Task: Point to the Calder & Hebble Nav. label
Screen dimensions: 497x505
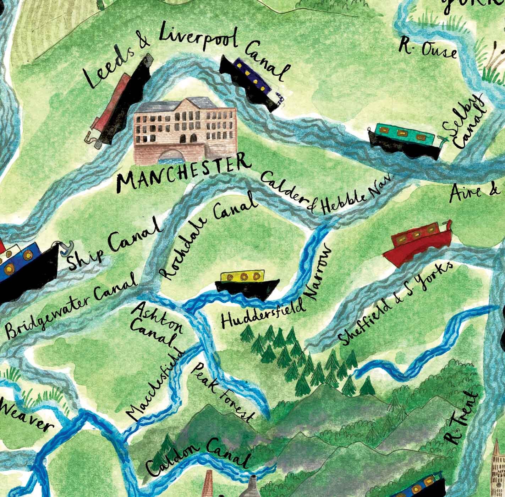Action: tap(326, 194)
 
